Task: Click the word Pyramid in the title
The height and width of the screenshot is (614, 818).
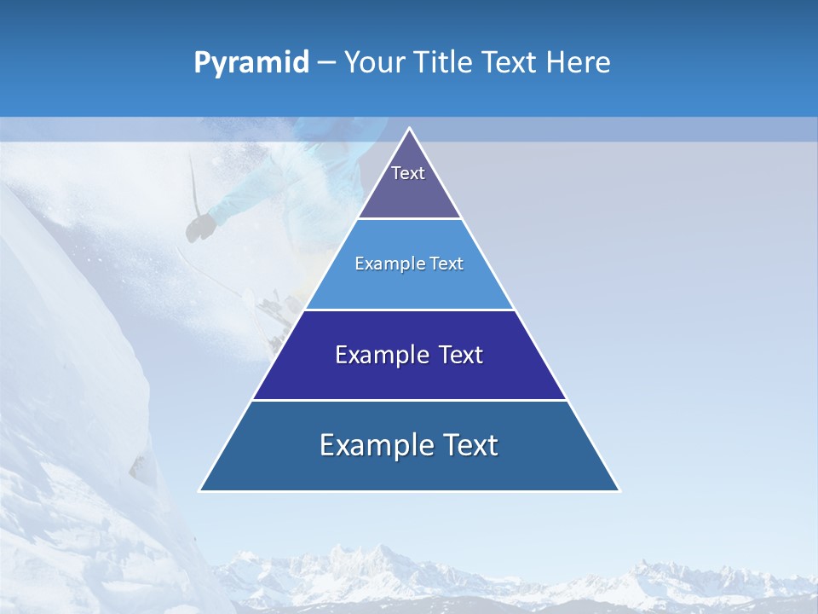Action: click(251, 63)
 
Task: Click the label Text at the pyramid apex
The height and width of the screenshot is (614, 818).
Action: click(408, 173)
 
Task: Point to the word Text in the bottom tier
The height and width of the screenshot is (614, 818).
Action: click(468, 445)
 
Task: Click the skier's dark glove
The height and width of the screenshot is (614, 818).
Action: click(201, 227)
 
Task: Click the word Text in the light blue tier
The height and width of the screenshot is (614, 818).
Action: click(447, 264)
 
